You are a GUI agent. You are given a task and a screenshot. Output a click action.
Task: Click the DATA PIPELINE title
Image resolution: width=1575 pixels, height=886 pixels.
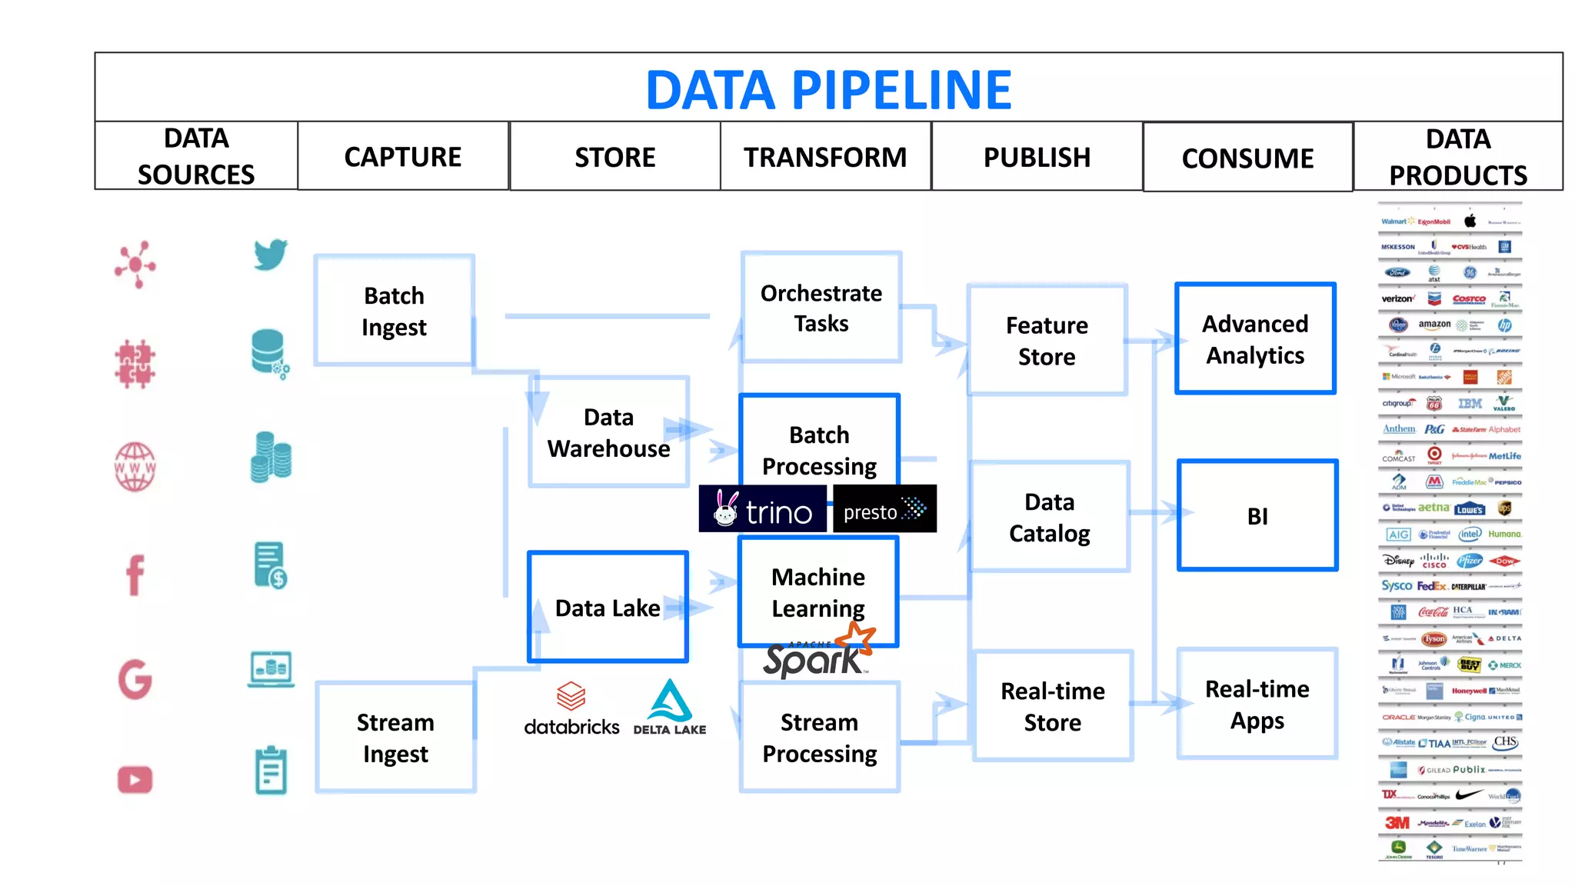pyautogui.click(x=828, y=90)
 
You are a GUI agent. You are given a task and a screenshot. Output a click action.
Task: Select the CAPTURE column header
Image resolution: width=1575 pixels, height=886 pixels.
pyautogui.click(x=403, y=157)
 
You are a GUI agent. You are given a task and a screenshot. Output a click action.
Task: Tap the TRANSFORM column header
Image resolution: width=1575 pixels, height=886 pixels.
pyautogui.click(x=825, y=157)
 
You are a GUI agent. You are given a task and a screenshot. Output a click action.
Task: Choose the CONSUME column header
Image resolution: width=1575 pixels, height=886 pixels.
pyautogui.click(x=1247, y=158)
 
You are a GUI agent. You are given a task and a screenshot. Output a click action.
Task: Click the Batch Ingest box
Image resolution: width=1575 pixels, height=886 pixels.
pyautogui.click(x=394, y=311)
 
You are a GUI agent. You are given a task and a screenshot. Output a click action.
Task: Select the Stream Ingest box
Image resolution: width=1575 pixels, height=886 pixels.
pyautogui.click(x=395, y=738)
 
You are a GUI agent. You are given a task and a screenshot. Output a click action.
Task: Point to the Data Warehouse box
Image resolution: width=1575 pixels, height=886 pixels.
pyautogui.click(x=608, y=432)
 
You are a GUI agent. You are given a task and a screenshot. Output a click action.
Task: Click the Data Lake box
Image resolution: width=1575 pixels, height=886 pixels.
pyautogui.click(x=608, y=608)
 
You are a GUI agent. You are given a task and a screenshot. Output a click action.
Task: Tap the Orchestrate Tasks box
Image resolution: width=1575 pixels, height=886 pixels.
pyautogui.click(x=821, y=308)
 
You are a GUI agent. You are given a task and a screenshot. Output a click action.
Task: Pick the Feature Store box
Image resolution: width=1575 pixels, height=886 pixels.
pyautogui.click(x=1047, y=341)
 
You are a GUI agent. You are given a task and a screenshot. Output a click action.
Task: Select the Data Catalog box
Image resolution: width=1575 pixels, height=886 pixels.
pyautogui.click(x=1049, y=517)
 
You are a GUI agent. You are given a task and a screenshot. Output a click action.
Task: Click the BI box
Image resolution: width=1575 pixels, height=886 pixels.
pyautogui.click(x=1257, y=516)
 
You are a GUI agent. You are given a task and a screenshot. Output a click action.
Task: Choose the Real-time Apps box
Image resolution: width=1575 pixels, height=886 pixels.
pyautogui.click(x=1257, y=704)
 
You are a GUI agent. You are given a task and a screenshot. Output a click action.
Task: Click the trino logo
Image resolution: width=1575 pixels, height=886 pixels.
pyautogui.click(x=763, y=509)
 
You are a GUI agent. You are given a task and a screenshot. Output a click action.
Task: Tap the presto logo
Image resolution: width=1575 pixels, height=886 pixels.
pyautogui.click(x=884, y=509)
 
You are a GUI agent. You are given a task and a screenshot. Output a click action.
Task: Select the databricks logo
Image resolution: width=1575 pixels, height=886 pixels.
pyautogui.click(x=571, y=709)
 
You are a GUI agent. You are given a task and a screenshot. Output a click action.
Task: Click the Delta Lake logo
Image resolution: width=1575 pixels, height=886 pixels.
pyautogui.click(x=669, y=708)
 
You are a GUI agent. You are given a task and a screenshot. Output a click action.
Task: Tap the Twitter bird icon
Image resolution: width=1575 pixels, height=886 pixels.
pyautogui.click(x=271, y=255)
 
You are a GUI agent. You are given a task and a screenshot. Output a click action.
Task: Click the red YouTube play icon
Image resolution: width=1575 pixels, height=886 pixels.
pyautogui.click(x=135, y=779)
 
